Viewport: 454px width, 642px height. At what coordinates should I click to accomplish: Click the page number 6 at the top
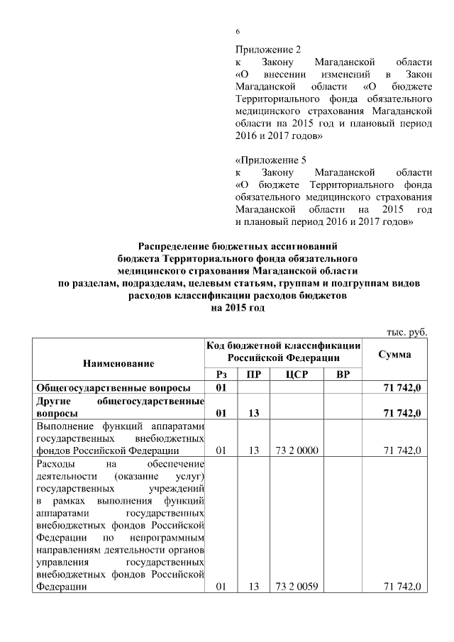point(238,32)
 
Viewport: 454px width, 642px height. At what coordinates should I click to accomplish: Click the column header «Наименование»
point(118,362)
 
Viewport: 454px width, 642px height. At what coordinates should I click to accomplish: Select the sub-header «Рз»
point(221,374)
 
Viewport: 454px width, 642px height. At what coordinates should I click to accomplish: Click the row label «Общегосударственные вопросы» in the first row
point(113,388)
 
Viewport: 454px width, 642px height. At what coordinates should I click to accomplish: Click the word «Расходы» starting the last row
point(56,463)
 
